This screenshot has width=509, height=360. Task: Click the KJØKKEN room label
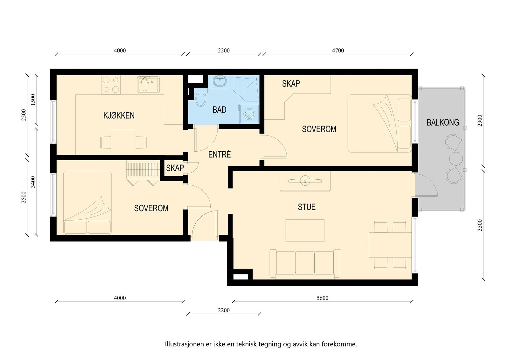pos(119,116)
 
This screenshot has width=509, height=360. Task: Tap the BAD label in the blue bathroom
pos(219,110)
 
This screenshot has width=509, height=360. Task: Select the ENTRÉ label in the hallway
pos(220,155)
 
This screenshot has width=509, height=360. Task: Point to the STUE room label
pos(307,207)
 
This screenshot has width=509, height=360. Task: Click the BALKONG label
pos(443,123)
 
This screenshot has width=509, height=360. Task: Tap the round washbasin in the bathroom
pos(220,82)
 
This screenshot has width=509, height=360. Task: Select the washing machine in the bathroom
pos(249,114)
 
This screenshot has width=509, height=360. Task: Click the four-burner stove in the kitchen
pos(111,85)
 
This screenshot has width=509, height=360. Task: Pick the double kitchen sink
pos(148,84)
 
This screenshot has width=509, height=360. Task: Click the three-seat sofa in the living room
pos(305,264)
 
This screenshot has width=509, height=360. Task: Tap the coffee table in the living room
pos(305,231)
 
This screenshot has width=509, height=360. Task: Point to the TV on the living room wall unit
pos(305,181)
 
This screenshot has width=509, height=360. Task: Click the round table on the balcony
pos(456,159)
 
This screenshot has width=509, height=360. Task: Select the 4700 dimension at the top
pos(338,51)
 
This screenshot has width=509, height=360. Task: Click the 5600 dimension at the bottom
pos(323,298)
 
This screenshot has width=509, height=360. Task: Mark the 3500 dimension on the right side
pos(480,225)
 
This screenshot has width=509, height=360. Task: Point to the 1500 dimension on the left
pos(33,100)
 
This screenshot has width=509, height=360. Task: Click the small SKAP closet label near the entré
pos(175,168)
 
